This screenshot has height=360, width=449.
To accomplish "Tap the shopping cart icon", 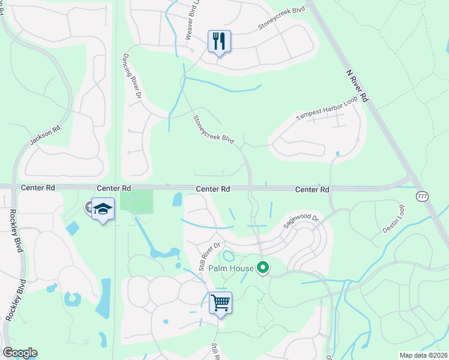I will (220, 302).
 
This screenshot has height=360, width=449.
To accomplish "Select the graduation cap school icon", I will (103, 209).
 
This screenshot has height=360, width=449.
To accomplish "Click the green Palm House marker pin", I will (263, 268).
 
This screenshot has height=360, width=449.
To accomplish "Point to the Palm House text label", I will (231, 268).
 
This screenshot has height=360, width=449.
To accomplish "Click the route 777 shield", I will (423, 197).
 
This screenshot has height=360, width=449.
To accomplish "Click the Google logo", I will (20, 353).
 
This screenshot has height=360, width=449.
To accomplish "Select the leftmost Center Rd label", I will (37, 188).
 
